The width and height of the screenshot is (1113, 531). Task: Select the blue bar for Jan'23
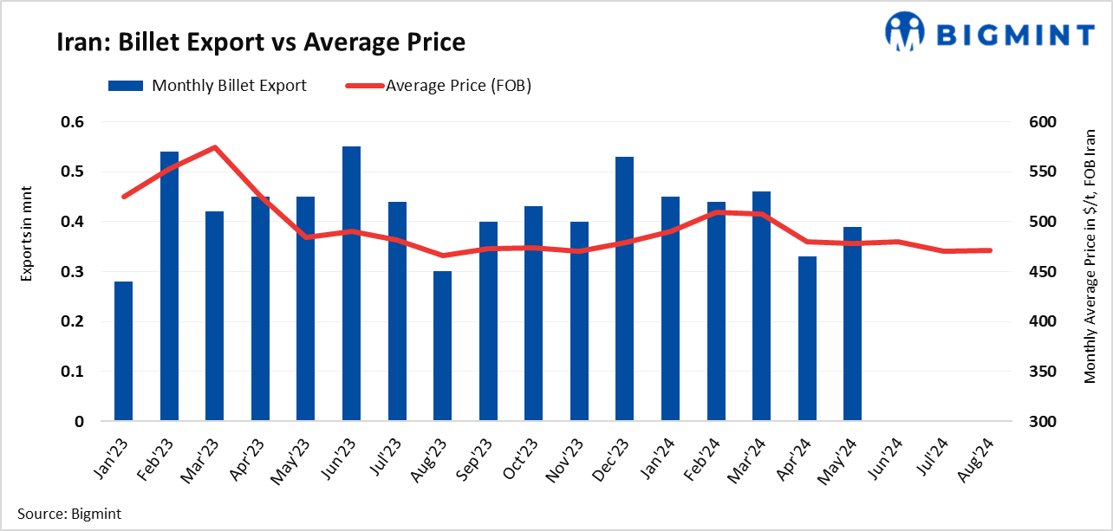pyautogui.click(x=123, y=351)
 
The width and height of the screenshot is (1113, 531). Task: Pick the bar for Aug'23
pyautogui.click(x=442, y=346)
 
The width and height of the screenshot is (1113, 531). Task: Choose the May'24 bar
pyautogui.click(x=852, y=324)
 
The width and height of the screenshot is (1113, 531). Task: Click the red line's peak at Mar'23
pyautogui.click(x=214, y=147)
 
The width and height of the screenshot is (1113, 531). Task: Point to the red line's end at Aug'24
pyautogui.click(x=989, y=250)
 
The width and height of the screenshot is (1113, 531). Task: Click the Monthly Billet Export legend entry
pyautogui.click(x=207, y=85)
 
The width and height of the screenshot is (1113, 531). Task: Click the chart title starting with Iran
pyautogui.click(x=261, y=42)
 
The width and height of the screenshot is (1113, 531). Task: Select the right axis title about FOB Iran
pyautogui.click(x=1090, y=256)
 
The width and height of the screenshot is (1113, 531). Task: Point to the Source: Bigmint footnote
pyautogui.click(x=69, y=514)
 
